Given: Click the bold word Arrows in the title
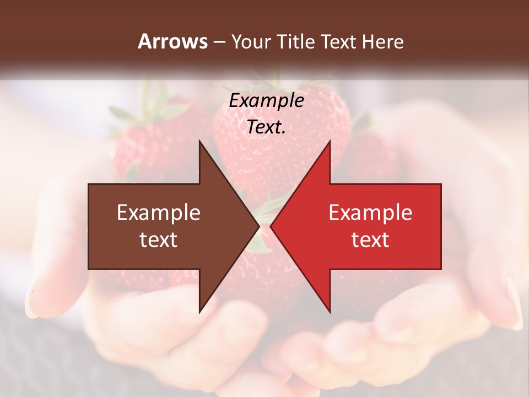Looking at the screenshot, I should (x=172, y=41).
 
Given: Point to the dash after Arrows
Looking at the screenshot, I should (x=219, y=42).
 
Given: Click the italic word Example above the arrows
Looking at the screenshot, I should (x=266, y=100).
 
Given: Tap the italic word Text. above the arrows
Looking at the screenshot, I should (x=266, y=127).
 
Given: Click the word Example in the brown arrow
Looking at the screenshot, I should (x=159, y=213).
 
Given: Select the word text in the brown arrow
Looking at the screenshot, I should (x=159, y=240).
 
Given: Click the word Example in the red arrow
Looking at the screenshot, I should (x=370, y=213).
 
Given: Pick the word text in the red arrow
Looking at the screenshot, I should (x=370, y=240).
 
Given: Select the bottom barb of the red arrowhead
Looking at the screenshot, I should (x=329, y=309).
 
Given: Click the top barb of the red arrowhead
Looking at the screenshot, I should (x=329, y=144).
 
